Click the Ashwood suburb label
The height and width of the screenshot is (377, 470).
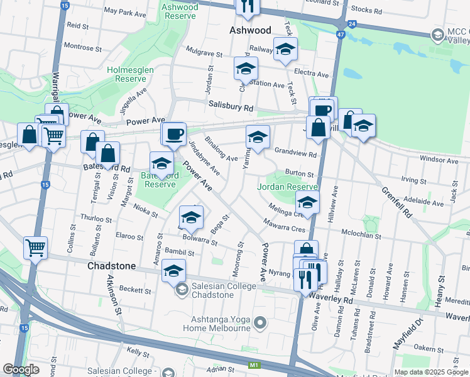(x=250, y=30)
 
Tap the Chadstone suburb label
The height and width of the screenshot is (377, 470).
(x=111, y=266)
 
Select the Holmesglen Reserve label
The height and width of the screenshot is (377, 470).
(x=126, y=74)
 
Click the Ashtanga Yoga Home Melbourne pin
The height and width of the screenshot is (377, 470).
(x=261, y=324)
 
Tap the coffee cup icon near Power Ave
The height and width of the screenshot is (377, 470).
(x=174, y=133)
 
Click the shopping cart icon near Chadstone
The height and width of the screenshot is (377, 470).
(x=35, y=247)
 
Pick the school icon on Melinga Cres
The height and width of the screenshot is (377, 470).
(x=307, y=202)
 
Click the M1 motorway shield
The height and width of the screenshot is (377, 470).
(x=254, y=365)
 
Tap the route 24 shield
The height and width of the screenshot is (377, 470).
(x=353, y=24)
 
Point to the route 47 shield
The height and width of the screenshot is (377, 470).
(x=341, y=35)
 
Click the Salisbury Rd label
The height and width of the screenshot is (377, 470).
(x=231, y=107)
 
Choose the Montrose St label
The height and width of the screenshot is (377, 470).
(x=79, y=47)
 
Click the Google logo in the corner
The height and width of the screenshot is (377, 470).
(x=21, y=369)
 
